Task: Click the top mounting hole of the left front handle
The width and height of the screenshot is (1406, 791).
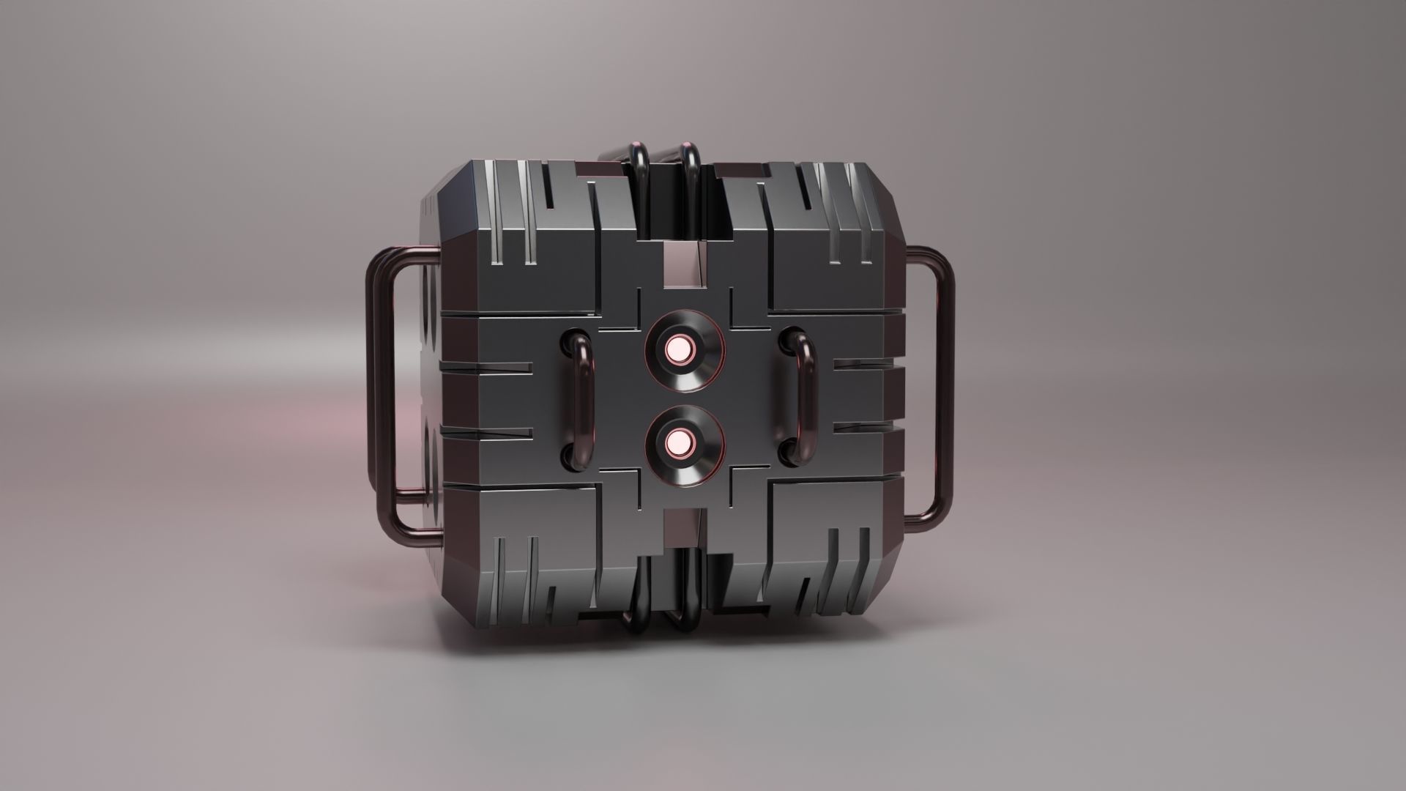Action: [569, 341]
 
